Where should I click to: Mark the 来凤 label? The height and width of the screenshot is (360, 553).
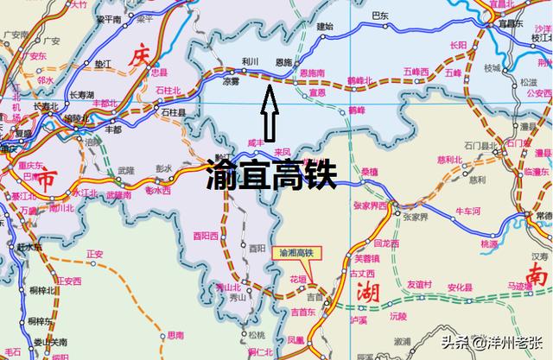click(283, 152)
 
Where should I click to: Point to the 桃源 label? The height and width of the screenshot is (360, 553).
click(489, 244)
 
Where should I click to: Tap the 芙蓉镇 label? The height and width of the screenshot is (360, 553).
click(368, 257)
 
